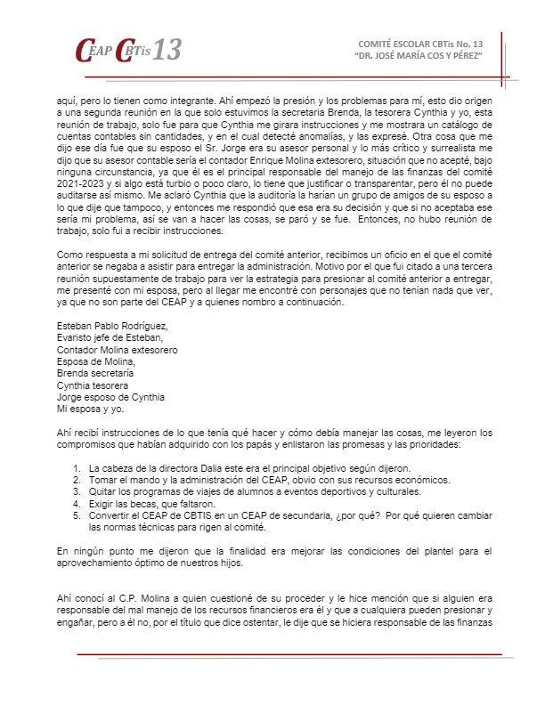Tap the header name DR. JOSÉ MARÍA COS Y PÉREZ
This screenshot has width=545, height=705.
(x=419, y=56)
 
